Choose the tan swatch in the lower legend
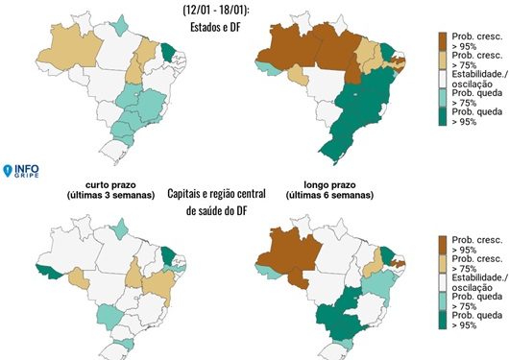442,263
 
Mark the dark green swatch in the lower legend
442,318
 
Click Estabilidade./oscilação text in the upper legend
472,78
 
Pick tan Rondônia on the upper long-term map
297,77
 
